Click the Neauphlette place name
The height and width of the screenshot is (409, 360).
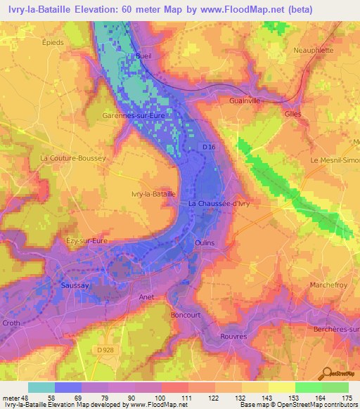point(313,51)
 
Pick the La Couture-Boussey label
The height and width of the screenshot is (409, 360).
point(73,158)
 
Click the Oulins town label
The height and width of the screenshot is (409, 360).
point(204,242)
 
